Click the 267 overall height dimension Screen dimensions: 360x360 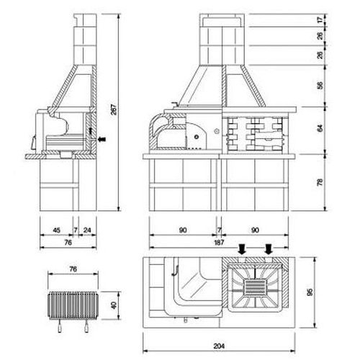114,109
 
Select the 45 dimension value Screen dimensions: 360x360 56,230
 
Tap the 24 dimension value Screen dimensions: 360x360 87,230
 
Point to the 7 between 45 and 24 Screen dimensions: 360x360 76,230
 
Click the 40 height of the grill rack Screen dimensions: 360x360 114,305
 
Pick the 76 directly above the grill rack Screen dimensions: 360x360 73,269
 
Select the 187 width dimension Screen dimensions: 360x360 219,243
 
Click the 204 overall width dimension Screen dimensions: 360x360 219,346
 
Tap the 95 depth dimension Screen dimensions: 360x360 310,292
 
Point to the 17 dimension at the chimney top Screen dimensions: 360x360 320,20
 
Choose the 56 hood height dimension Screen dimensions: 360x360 320,86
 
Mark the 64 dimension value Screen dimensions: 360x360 320,129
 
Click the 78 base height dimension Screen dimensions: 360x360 320,182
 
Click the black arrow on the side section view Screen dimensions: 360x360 102,139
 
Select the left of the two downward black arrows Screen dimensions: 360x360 243,249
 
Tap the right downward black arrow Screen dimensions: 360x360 269,249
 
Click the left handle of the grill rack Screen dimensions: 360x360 60,326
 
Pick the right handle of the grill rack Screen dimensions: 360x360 86,326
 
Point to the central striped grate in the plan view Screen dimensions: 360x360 256,287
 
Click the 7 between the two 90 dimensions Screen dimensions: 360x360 219,230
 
